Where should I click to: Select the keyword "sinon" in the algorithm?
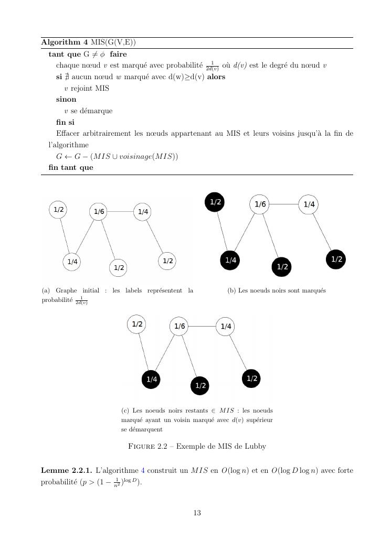66,99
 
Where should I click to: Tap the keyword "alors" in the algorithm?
216,77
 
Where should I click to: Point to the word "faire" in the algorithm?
119,54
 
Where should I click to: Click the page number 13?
197,513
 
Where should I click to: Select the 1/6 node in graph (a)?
99,212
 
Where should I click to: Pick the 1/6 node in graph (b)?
260,204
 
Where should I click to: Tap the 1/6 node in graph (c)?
179,326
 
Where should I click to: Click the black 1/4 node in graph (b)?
230,259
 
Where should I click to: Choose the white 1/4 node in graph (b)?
309,204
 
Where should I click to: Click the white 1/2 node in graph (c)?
137,324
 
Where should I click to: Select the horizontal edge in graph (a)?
121,212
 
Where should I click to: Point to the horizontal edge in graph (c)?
203,326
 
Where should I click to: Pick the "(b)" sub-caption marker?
231,290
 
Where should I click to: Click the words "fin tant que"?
71,167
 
